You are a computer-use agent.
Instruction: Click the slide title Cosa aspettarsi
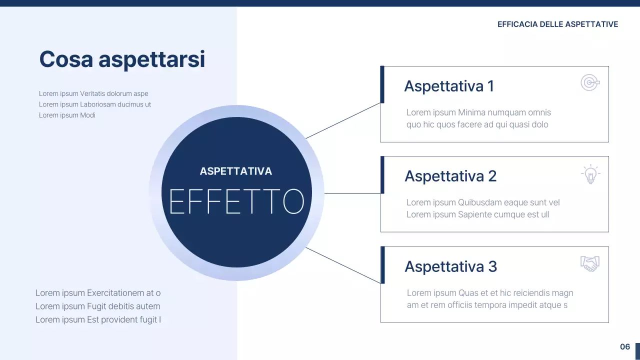pyautogui.click(x=122, y=59)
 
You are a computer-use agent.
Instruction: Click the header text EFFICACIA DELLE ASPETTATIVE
pyautogui.click(x=557, y=24)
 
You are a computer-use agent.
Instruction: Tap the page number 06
pyautogui.click(x=625, y=346)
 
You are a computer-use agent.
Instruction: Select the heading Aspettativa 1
pyautogui.click(x=448, y=86)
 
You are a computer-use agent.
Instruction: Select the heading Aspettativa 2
pyautogui.click(x=450, y=176)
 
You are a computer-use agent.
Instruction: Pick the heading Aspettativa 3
pyautogui.click(x=450, y=266)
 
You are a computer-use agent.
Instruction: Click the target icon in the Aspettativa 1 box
pyautogui.click(x=590, y=82)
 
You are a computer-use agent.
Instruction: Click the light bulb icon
pyautogui.click(x=590, y=174)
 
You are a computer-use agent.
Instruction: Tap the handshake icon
pyautogui.click(x=590, y=263)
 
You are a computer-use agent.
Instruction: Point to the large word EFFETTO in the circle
pyautogui.click(x=236, y=201)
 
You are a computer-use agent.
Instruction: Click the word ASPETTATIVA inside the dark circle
pyautogui.click(x=236, y=171)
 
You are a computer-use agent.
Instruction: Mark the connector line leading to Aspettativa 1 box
pyautogui.click(x=343, y=120)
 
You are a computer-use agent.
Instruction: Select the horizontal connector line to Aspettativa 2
pyautogui.click(x=352, y=193)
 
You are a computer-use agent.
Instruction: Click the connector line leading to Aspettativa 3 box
pyautogui.click(x=343, y=265)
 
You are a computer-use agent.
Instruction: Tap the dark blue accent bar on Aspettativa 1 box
pyautogui.click(x=382, y=84)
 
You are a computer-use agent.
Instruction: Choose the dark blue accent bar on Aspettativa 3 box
pyautogui.click(x=382, y=265)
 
